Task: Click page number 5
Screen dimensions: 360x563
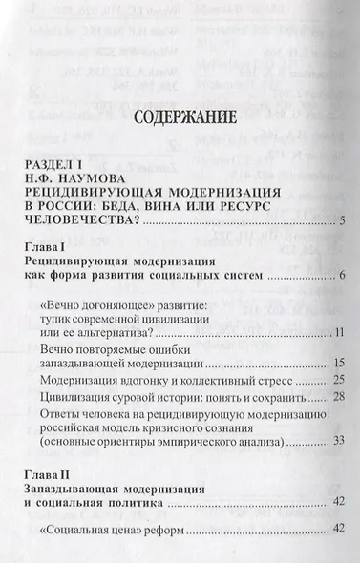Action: [340, 248]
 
